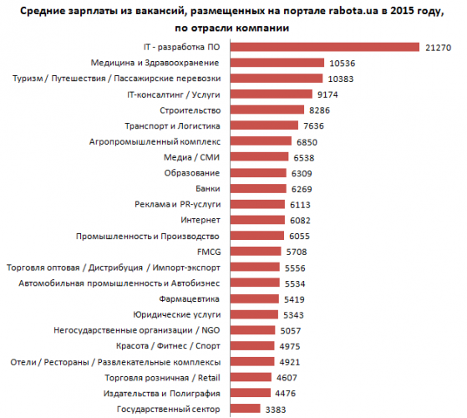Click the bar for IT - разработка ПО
(x=325, y=47)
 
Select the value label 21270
(x=438, y=48)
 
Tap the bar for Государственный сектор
(x=245, y=409)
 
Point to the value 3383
(x=276, y=410)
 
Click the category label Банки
(x=208, y=189)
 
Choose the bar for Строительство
(x=267, y=110)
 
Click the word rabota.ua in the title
(x=353, y=11)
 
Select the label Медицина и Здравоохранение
(x=155, y=63)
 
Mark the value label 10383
(x=341, y=79)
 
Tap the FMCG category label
(x=209, y=252)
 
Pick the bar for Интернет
(x=257, y=220)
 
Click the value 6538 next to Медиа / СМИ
(x=304, y=158)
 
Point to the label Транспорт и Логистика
(x=172, y=126)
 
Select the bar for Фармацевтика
(x=254, y=298)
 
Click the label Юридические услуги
(x=177, y=314)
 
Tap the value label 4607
(x=287, y=378)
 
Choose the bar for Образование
(x=258, y=173)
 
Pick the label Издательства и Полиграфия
(x=162, y=394)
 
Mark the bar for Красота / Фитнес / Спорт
(x=252, y=345)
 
